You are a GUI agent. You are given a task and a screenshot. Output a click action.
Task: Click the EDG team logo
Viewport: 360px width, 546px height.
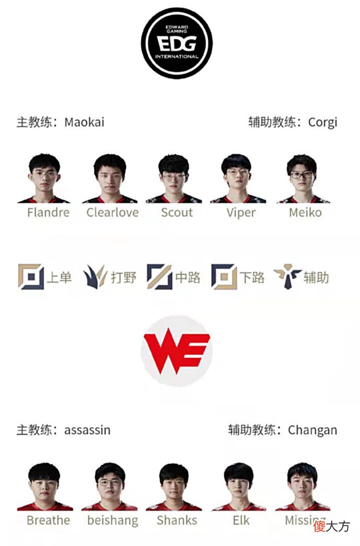pos(177,43)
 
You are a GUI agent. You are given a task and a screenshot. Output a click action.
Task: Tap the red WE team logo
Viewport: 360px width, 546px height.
pos(177,350)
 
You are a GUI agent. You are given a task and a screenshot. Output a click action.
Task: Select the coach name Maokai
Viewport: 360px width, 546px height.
pos(85,122)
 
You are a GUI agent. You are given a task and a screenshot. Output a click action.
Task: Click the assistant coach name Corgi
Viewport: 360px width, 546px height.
pos(323,122)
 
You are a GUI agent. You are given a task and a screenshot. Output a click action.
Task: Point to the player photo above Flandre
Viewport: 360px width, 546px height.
pos(44,178)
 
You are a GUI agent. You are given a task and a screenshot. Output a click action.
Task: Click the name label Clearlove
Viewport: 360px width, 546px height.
pos(113,212)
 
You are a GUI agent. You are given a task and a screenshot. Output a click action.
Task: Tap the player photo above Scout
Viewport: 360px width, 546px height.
pos(174,178)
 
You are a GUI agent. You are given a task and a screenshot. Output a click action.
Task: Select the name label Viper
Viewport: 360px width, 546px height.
pos(241,212)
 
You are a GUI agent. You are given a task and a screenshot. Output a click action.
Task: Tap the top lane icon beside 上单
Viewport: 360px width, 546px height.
pos(31,277)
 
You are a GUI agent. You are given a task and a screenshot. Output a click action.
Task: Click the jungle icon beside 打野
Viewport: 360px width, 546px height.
pos(95,277)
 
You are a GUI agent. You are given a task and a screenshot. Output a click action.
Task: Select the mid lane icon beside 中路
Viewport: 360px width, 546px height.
pos(159,277)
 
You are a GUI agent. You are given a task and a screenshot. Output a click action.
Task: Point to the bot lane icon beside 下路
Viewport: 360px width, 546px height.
pos(224,277)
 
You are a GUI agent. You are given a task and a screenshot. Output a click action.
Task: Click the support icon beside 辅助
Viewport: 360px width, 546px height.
pos(287,277)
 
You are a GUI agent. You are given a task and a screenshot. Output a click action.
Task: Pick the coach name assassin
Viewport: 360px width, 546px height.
pos(88,430)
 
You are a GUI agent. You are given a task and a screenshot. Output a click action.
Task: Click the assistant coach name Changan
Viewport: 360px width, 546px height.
pos(313,430)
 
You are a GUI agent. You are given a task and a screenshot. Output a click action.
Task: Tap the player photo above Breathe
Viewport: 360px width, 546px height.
pos(44,487)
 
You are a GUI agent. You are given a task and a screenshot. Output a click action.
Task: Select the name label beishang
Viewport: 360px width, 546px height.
pos(113,520)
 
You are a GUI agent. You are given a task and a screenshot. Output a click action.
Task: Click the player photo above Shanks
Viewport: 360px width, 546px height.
pos(174,487)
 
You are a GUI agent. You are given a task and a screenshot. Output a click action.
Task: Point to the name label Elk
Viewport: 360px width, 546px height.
pos(241,520)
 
